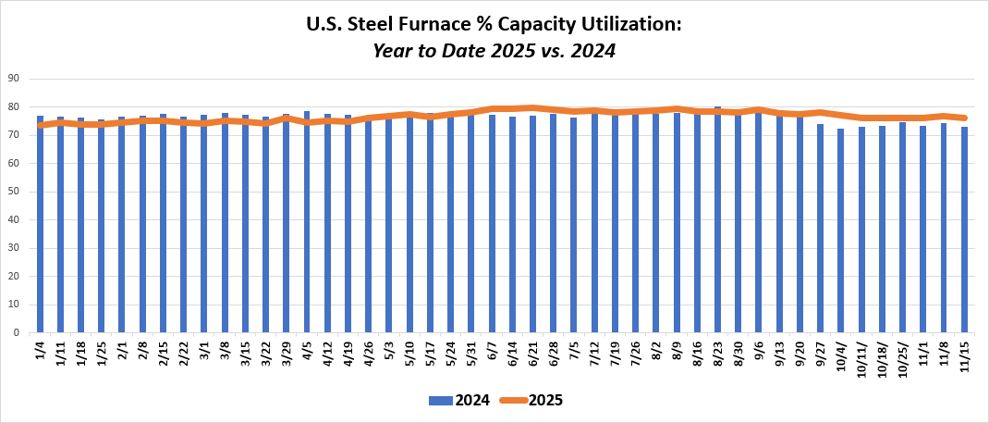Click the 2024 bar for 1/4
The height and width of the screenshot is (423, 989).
tap(40, 231)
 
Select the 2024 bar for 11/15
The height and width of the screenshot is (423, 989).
tap(964, 231)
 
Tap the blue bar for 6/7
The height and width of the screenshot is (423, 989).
tap(492, 231)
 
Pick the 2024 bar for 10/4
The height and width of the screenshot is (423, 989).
tap(841, 231)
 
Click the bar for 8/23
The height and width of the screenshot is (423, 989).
tap(717, 231)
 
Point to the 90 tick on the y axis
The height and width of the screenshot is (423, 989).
tap(15, 79)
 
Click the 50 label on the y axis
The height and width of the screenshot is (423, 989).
tap(15, 192)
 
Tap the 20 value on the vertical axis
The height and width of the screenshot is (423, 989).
tap(15, 276)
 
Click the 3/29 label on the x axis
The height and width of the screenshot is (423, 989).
tap(287, 353)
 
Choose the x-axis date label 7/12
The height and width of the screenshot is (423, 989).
tap(594, 353)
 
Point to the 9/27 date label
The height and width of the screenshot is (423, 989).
tap(821, 353)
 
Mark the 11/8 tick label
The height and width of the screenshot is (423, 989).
tap(944, 351)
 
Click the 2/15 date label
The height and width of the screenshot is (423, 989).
tap(164, 353)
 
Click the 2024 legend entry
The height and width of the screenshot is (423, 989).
tap(459, 401)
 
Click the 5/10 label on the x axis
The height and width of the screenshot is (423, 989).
tap(409, 353)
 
